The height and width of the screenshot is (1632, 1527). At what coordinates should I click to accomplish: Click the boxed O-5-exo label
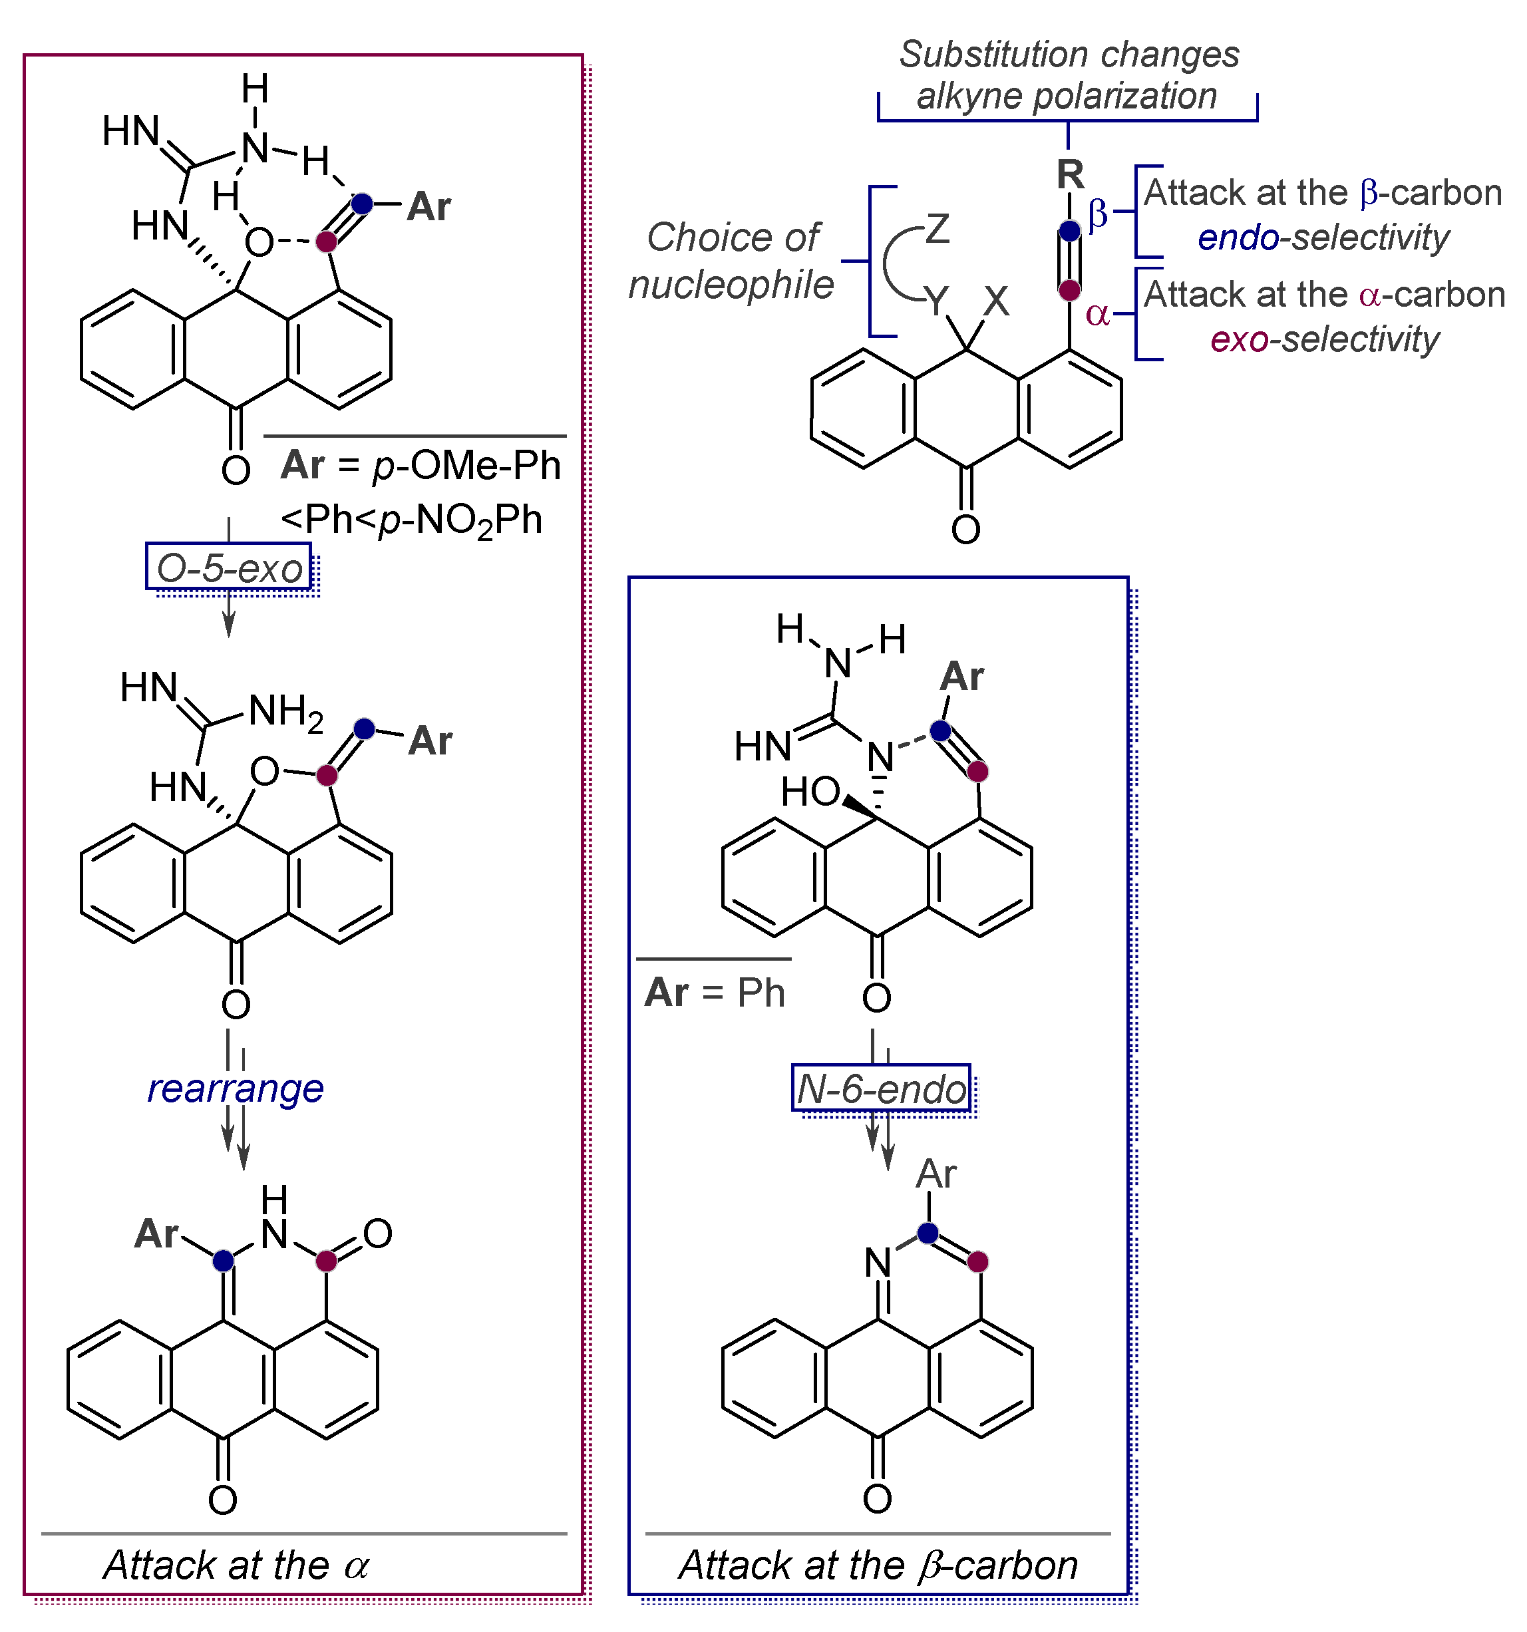point(229,568)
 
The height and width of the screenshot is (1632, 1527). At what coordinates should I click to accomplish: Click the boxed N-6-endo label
point(882,1089)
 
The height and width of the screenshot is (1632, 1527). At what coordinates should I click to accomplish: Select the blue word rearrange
point(236,1088)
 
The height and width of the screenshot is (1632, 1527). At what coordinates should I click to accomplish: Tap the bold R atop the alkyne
point(1071,174)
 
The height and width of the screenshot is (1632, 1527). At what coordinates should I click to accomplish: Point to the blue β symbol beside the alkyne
point(1098,215)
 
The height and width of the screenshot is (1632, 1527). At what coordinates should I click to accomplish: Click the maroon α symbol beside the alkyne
point(1098,313)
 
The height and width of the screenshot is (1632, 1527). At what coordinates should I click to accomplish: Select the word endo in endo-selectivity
point(1238,238)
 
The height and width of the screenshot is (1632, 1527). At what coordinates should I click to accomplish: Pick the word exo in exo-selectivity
point(1239,339)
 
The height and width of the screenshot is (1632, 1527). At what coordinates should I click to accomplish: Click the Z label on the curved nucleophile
point(937,230)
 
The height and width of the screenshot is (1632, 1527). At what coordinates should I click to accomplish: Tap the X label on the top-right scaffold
point(996,301)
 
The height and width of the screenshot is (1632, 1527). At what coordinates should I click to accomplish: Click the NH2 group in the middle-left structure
point(285,712)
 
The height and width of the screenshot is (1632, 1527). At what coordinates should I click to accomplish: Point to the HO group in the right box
point(810,792)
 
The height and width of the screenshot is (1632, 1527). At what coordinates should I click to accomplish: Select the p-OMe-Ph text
point(466,466)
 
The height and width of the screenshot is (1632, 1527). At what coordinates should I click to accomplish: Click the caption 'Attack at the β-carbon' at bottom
point(878,1565)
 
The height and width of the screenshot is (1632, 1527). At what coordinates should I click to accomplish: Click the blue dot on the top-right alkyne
point(1070,231)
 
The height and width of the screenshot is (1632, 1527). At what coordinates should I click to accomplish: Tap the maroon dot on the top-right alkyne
point(1070,290)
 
